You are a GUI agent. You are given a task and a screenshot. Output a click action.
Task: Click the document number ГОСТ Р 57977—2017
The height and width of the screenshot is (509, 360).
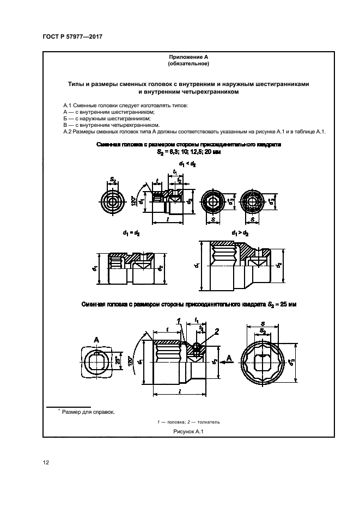72,38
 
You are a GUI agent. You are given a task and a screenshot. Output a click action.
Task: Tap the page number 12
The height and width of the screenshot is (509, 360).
46,463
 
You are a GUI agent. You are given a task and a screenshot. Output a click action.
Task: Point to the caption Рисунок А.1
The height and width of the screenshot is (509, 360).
188,431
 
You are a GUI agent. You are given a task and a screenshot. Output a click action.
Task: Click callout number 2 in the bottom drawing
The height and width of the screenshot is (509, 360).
216,332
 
